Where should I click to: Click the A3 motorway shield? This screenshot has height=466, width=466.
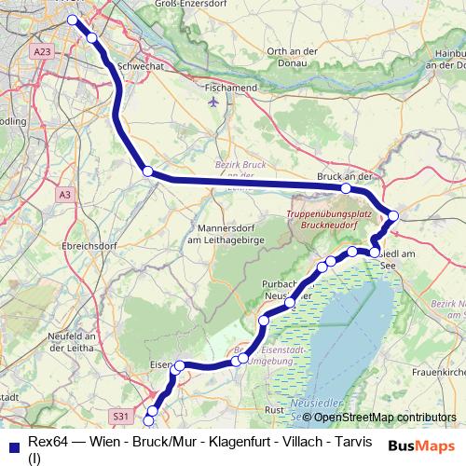(63, 195)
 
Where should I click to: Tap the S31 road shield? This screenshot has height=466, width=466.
(120, 414)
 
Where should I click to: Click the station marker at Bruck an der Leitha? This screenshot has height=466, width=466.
(346, 188)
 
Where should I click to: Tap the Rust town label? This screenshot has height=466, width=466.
(274, 408)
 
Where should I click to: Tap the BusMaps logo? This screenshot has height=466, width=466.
(422, 445)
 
